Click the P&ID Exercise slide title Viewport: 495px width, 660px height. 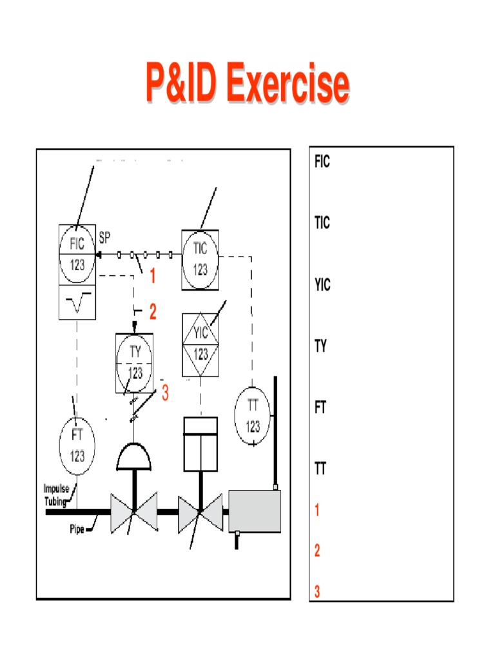point(247,84)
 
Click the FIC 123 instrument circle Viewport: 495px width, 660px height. point(77,255)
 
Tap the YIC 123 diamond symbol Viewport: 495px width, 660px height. point(201,344)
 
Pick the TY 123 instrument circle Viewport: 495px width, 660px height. point(135,362)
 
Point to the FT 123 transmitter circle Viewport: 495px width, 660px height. point(77,445)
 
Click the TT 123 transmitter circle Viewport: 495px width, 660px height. point(253,416)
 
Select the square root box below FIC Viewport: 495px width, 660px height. point(77,302)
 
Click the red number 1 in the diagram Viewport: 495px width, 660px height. point(153,277)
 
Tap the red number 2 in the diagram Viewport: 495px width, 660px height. point(153,313)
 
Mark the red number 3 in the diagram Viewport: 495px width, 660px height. point(165,392)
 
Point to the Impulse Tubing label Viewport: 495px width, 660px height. point(56,494)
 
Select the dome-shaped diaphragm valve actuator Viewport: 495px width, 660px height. point(134,456)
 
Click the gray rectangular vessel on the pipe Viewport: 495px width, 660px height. point(255,511)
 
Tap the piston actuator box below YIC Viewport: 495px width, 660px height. point(200,443)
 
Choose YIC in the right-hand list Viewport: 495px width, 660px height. point(322,284)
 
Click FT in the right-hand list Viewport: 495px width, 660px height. point(320,408)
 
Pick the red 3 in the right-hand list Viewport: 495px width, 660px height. point(318,591)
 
